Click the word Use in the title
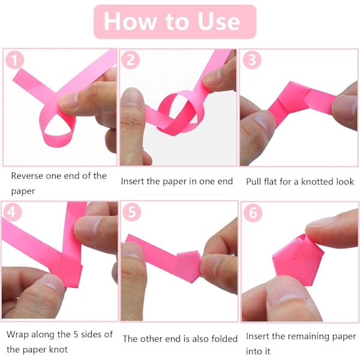(x=219, y=22)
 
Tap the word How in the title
(x=130, y=21)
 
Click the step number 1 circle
(x=14, y=60)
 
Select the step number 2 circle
(x=130, y=59)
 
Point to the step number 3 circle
(x=252, y=59)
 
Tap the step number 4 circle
(x=12, y=212)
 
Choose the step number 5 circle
(x=131, y=212)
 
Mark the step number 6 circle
(x=253, y=212)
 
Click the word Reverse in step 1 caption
(x=27, y=176)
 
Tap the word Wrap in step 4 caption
(x=17, y=335)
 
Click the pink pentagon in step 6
(x=298, y=262)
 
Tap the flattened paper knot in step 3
(x=290, y=99)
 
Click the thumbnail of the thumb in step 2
(x=132, y=98)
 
